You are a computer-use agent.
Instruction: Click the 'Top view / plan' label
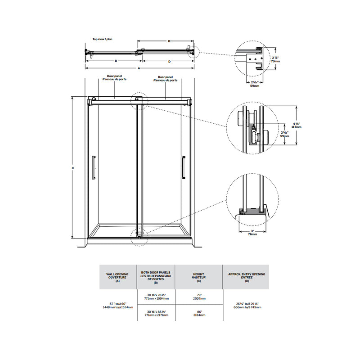pos(102,39)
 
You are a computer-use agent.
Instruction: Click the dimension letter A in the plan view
pos(139,68)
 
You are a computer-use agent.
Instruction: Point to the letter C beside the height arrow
pos(73,168)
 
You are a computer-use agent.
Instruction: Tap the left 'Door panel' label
pos(114,78)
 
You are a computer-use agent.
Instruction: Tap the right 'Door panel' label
pos(166,78)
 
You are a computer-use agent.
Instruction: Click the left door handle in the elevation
pos(94,167)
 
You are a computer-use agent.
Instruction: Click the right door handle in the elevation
pos(183,167)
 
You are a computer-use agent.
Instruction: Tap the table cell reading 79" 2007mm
pos(199,296)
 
